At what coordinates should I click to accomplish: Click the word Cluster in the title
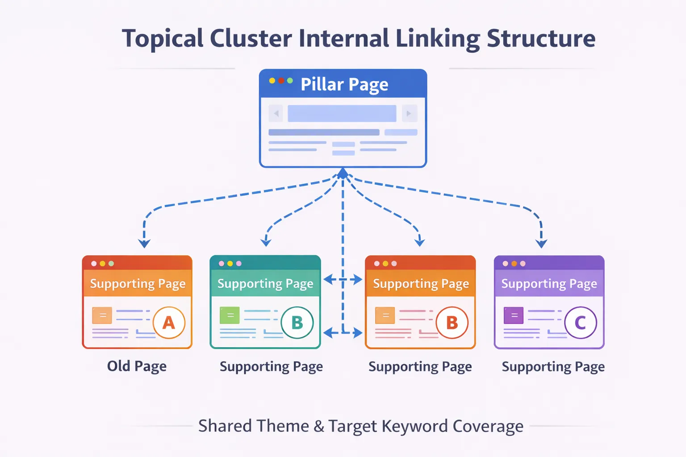click(251, 38)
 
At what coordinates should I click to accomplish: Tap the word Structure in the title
click(541, 38)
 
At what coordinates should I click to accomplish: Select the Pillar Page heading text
click(344, 84)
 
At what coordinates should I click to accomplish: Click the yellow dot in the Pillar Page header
click(272, 81)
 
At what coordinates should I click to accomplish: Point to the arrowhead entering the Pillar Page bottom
click(343, 173)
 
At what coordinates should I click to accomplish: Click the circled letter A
click(169, 322)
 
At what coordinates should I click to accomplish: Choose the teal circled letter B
click(297, 322)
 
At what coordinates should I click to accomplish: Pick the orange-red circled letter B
click(452, 322)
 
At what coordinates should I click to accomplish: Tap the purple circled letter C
click(580, 322)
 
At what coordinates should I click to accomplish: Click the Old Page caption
click(137, 366)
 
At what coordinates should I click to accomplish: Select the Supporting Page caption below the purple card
click(553, 367)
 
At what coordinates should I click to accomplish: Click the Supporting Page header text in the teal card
click(265, 284)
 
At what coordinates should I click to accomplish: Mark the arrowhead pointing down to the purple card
click(541, 243)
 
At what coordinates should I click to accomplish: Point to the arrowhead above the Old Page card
click(144, 243)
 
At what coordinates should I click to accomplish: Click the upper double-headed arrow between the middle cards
click(343, 280)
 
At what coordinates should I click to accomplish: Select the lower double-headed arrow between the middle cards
click(343, 332)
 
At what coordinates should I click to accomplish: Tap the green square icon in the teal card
click(230, 316)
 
